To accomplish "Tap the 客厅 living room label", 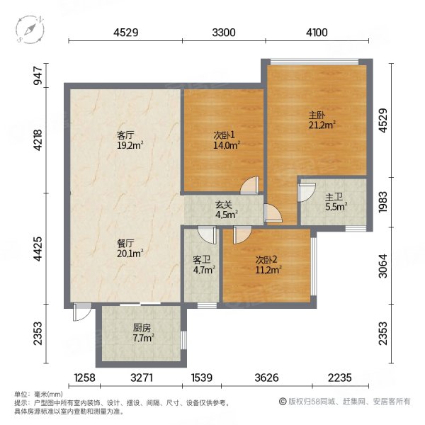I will coord(125,136).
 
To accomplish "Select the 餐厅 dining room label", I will coord(125,242).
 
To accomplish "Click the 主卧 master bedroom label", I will coord(316,115).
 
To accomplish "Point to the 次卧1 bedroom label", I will coord(223,135).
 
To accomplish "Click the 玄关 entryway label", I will coord(223,206).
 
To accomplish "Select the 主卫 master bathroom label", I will coord(333,198).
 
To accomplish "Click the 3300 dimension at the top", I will coord(223,31).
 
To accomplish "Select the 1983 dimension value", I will coord(383,203).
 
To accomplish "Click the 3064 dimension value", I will coord(383,264).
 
